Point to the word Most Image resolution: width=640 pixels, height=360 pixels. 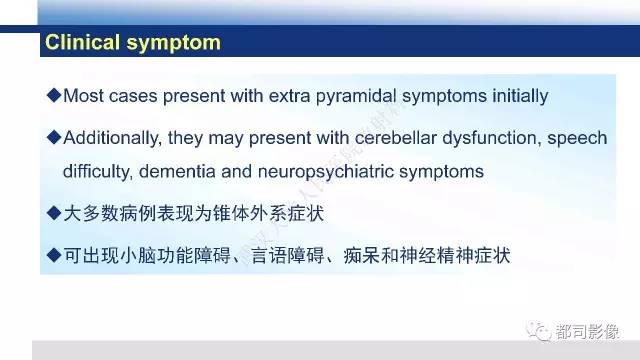click(x=82, y=97)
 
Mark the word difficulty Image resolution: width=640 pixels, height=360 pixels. click(x=97, y=171)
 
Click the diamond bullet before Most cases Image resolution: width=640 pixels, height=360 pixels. click(x=54, y=96)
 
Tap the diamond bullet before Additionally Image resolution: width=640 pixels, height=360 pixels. click(x=54, y=137)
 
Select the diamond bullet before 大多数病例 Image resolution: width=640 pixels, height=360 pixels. click(x=54, y=213)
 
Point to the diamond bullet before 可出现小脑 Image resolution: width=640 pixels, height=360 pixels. click(x=54, y=254)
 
